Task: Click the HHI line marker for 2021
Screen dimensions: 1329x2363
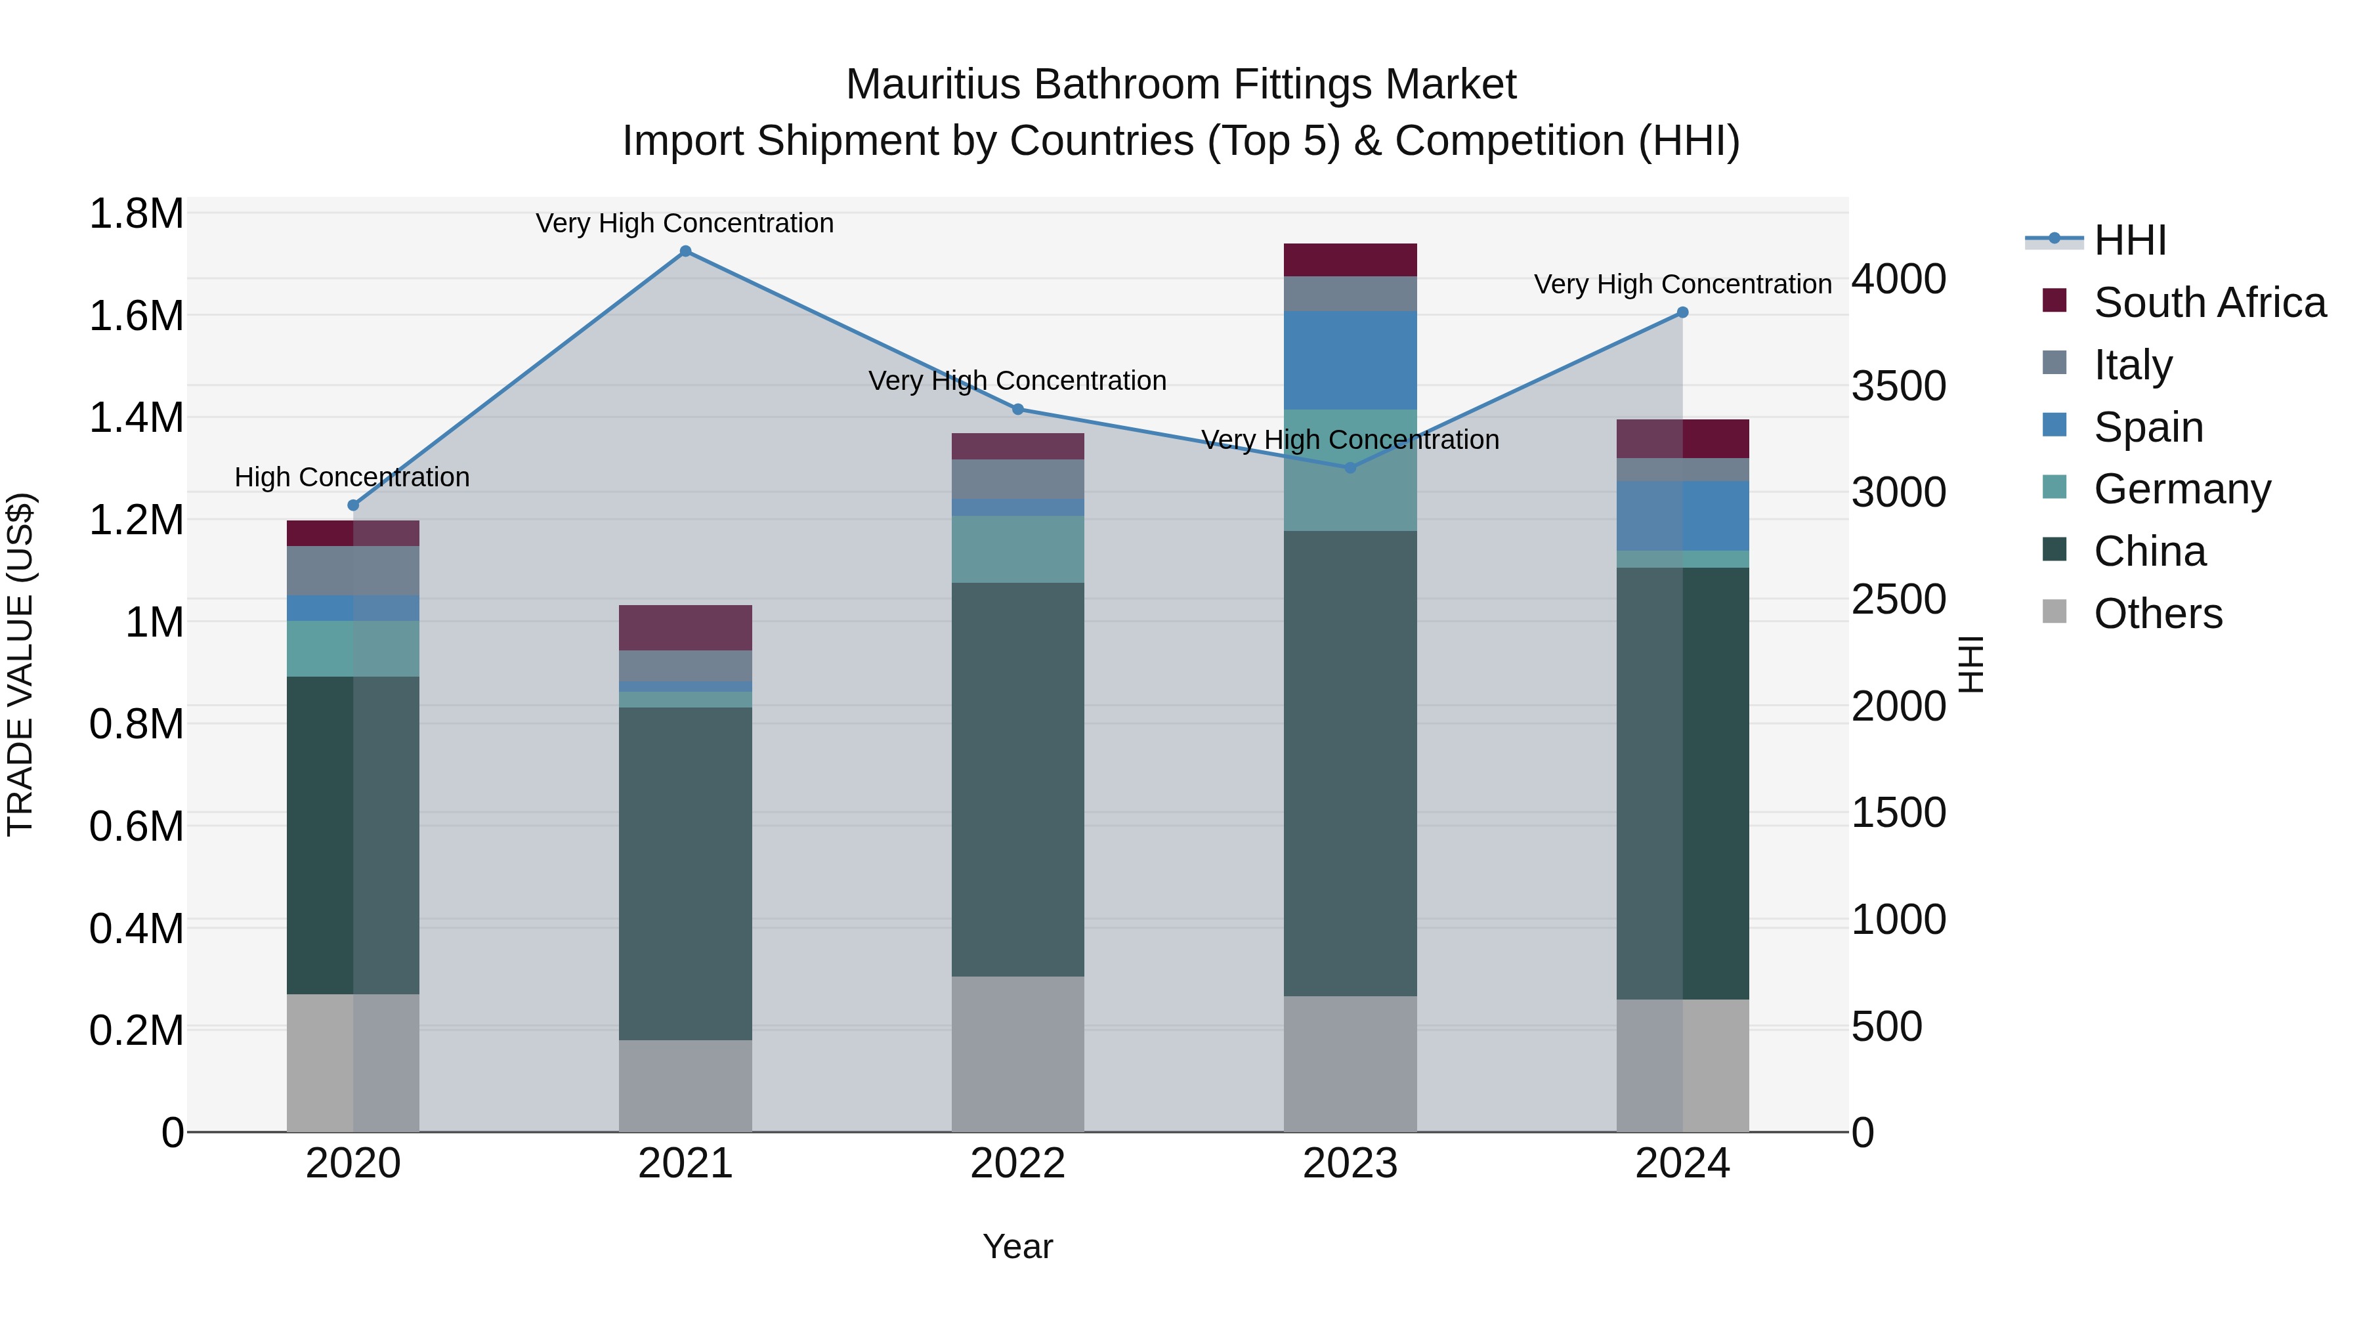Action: point(685,251)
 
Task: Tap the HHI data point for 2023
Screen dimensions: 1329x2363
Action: point(1350,468)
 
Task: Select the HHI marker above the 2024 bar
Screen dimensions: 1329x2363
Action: point(1682,313)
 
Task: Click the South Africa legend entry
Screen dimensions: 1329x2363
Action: point(2209,303)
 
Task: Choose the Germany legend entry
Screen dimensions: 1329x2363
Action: point(2181,489)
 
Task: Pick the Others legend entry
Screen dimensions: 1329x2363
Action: point(2158,614)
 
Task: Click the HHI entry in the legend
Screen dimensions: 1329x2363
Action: point(2129,240)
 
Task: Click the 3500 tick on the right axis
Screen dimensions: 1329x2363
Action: point(1898,386)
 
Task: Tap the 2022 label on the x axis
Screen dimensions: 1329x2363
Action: point(1017,1164)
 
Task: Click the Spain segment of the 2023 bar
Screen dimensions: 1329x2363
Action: point(1350,360)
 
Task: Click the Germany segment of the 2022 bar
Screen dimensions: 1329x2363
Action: point(1017,549)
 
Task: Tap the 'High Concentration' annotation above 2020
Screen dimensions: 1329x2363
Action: point(352,477)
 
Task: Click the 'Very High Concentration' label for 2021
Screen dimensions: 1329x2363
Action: point(685,223)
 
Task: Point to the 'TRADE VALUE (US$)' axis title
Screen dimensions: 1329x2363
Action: point(21,664)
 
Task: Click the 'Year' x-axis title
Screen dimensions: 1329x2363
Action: point(1017,1246)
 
